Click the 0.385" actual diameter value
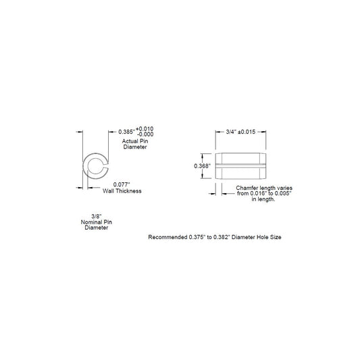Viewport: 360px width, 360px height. tap(127, 132)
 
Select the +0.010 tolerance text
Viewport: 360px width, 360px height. tap(145, 128)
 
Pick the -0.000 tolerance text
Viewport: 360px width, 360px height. tap(145, 134)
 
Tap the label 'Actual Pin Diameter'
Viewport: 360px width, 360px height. tap(135, 144)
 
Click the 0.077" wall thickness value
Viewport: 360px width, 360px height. tap(122, 184)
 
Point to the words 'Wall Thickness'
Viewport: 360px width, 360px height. tap(122, 190)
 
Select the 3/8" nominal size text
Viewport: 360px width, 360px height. tap(97, 216)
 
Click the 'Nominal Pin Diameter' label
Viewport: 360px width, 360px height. tap(97, 225)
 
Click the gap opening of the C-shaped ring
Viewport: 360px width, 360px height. tap(106, 166)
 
